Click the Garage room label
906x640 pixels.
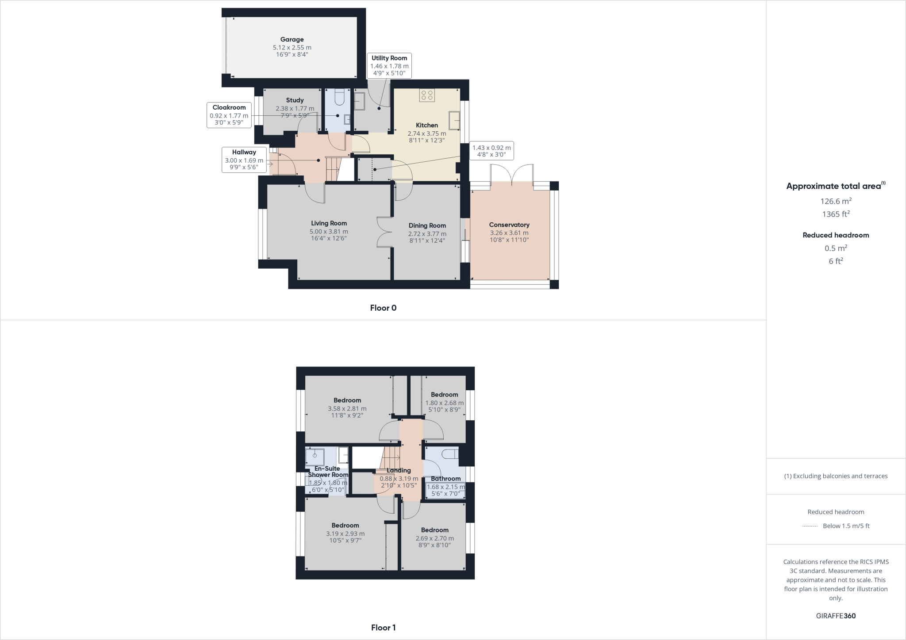pyautogui.click(x=292, y=40)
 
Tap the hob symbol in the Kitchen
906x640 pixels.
pyautogui.click(x=427, y=95)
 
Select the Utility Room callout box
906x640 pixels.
pyautogui.click(x=389, y=65)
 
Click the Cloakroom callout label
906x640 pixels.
pyautogui.click(x=229, y=107)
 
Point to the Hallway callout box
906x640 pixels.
pyautogui.click(x=244, y=160)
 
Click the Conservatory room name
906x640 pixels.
pyautogui.click(x=509, y=225)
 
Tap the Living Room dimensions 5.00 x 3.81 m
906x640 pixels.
pyautogui.click(x=329, y=232)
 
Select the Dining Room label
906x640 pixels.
pyautogui.click(x=427, y=226)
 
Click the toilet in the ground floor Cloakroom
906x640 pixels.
pyautogui.click(x=339, y=97)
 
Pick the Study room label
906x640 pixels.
pyautogui.click(x=295, y=100)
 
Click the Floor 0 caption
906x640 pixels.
pyautogui.click(x=383, y=308)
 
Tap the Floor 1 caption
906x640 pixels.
pyautogui.click(x=383, y=628)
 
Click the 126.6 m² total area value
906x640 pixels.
pyautogui.click(x=836, y=201)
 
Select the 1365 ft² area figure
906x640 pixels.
pyautogui.click(x=836, y=214)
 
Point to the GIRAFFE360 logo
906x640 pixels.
pyautogui.click(x=836, y=616)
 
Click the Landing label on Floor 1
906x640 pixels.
pyautogui.click(x=399, y=470)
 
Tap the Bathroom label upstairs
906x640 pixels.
pyautogui.click(x=445, y=479)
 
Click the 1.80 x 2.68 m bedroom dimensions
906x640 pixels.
pyautogui.click(x=444, y=403)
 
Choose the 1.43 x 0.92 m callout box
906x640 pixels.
pyautogui.click(x=491, y=151)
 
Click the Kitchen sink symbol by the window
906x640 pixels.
pyautogui.click(x=454, y=120)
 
